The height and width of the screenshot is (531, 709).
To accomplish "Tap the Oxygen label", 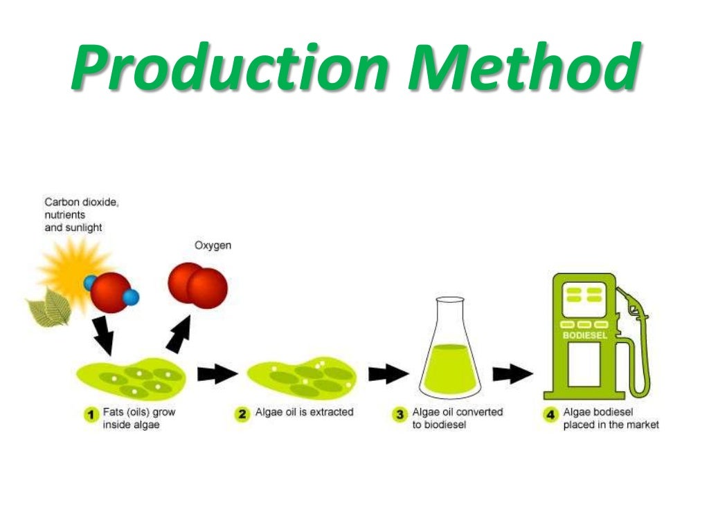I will [213, 245].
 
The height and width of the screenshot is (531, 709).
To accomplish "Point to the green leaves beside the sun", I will [48, 308].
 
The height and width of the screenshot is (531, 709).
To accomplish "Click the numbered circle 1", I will [90, 415].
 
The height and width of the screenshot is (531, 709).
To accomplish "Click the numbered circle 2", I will [242, 415].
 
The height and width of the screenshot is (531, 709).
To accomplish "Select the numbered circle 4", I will [550, 415].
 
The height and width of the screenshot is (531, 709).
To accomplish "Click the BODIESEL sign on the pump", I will [584, 335].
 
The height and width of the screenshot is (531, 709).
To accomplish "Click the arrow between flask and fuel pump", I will [512, 374].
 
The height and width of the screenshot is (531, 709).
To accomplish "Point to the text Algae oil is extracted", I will [304, 412].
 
